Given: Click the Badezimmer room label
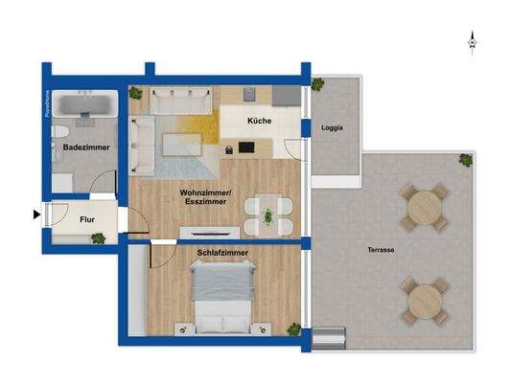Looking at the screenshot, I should click(x=86, y=147).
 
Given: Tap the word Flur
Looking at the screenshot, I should click(x=86, y=216).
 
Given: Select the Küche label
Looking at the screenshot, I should click(x=259, y=122).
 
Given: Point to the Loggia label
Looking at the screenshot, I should click(x=333, y=127).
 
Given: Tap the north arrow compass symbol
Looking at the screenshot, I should click(x=472, y=41).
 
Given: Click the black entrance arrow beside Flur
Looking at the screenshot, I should click(x=37, y=214).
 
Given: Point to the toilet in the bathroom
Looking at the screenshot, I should click(x=59, y=131).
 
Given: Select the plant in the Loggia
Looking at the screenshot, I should click(x=317, y=82).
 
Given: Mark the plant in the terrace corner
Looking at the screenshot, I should click(x=465, y=160).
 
